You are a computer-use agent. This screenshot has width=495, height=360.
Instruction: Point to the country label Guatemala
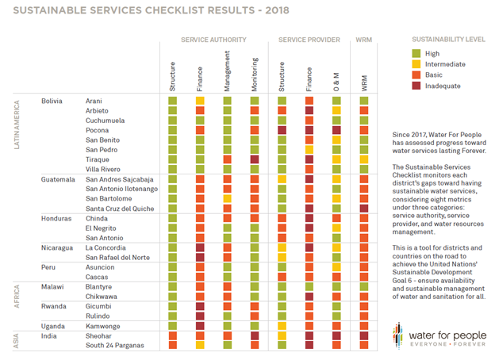point(59,179)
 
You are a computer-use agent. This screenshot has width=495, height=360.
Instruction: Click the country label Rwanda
point(53,304)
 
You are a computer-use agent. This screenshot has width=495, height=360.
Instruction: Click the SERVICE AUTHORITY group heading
point(213,40)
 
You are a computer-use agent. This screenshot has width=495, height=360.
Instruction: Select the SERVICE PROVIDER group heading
point(309,40)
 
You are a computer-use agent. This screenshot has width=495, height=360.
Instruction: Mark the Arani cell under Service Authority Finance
point(200,101)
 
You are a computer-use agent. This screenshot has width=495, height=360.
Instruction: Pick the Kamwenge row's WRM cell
point(364,325)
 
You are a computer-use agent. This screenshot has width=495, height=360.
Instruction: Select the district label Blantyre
point(100,285)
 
